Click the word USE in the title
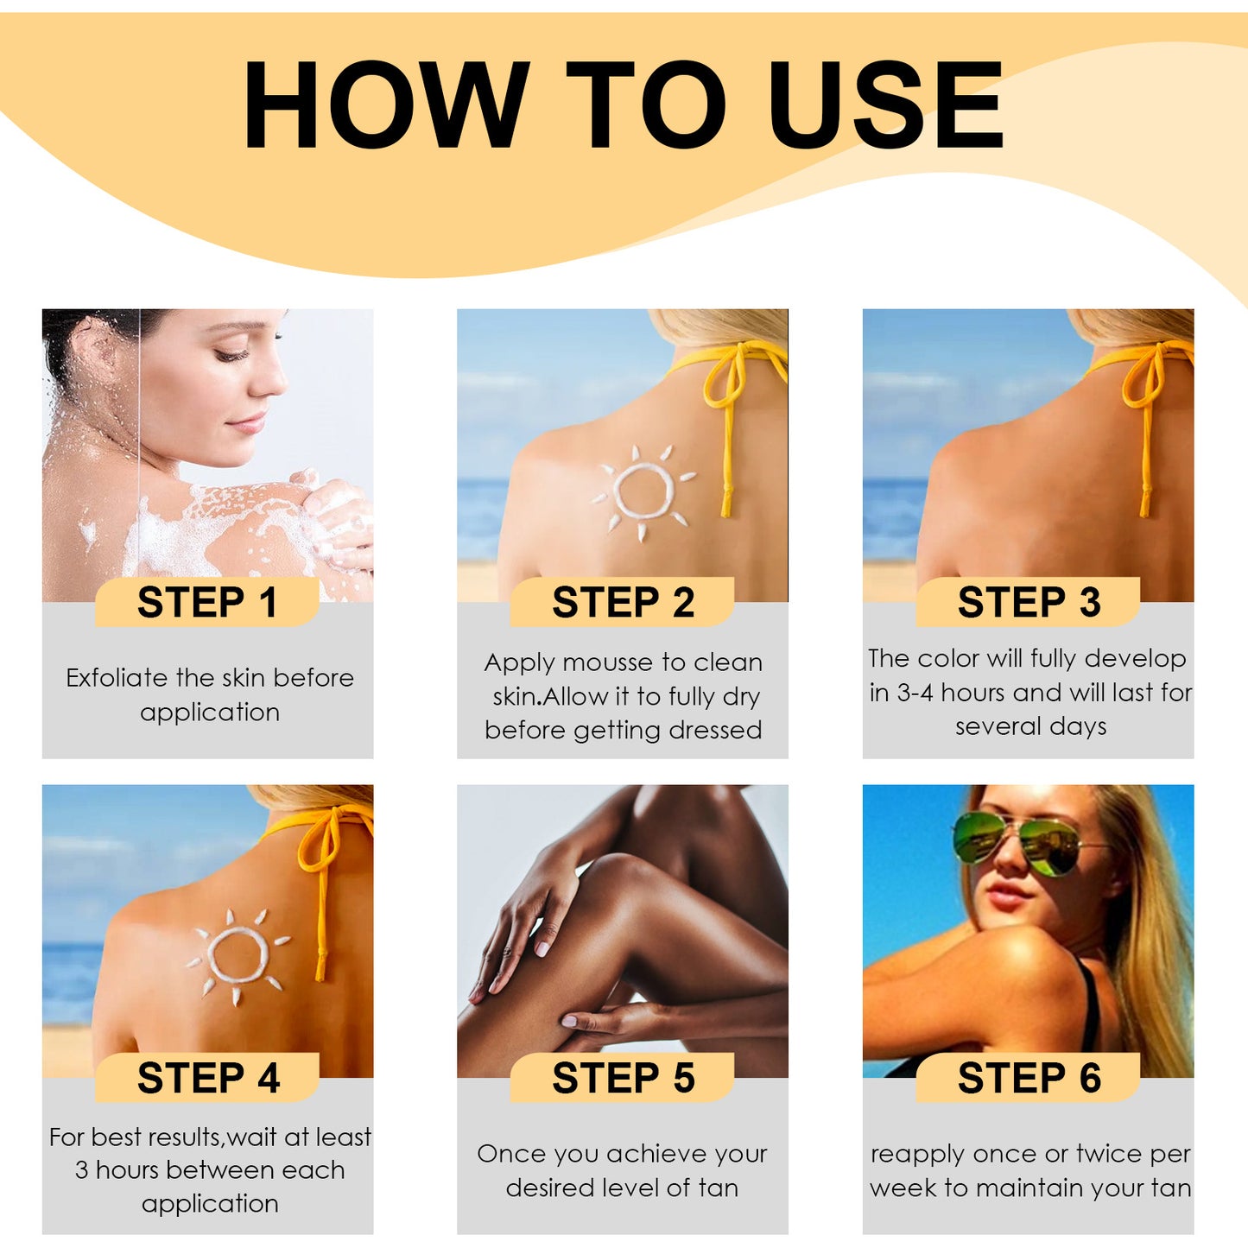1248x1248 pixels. click(x=884, y=105)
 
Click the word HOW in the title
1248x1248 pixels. click(x=386, y=105)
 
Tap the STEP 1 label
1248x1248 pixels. click(x=207, y=602)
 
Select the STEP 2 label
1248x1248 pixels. click(x=623, y=602)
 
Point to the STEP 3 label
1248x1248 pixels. click(x=1029, y=602)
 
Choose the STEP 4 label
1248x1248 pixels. click(x=207, y=1078)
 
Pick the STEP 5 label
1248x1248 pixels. click(x=623, y=1078)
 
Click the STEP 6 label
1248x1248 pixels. click(x=1029, y=1078)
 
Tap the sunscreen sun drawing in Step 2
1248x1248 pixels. click(x=643, y=491)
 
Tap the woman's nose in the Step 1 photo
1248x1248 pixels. click(x=273, y=381)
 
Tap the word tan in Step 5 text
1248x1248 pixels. click(x=718, y=1188)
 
